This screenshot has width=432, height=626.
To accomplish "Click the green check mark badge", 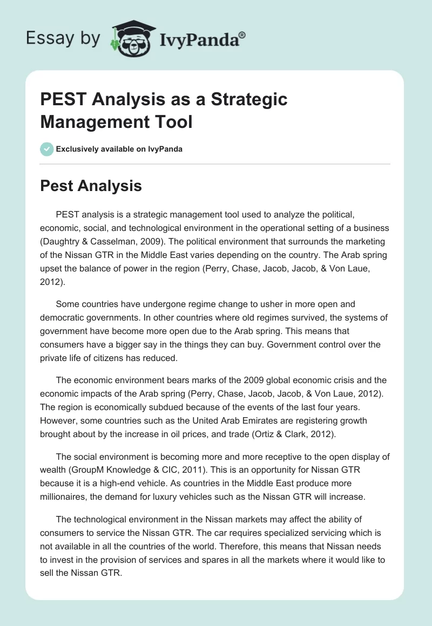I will (47, 149).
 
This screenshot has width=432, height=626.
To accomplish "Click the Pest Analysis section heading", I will (91, 186).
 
